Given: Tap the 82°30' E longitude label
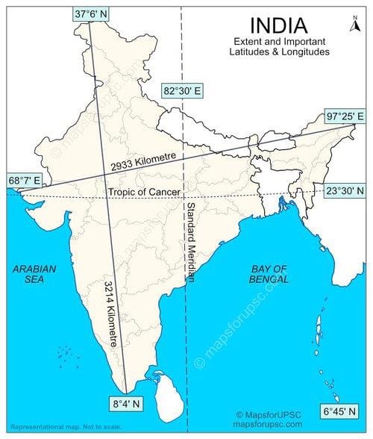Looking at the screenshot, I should tap(184, 91).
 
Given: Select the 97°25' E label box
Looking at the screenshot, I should tap(345, 116).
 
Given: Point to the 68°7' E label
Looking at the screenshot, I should tap(24, 180).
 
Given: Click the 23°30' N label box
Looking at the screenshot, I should tap(345, 190).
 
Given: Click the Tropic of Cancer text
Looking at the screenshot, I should tap(144, 192).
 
